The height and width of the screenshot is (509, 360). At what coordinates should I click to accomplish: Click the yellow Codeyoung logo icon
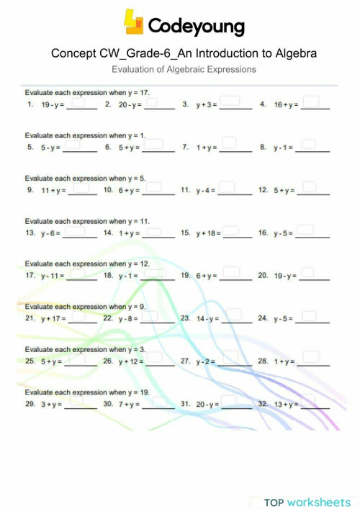coord(134,22)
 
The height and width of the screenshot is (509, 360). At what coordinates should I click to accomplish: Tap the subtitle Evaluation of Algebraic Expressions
coord(184,69)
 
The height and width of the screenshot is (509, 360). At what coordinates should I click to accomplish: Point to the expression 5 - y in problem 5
coord(49,148)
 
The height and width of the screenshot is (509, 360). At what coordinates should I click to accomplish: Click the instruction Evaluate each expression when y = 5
coord(86,178)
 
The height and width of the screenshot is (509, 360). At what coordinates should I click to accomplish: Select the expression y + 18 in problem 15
coord(207,233)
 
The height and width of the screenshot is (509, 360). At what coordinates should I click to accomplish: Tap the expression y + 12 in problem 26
coord(130,361)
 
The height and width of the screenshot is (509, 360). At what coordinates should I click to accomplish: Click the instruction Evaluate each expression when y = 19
coord(87,392)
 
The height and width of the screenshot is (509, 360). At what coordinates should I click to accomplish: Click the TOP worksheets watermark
coord(307,502)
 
